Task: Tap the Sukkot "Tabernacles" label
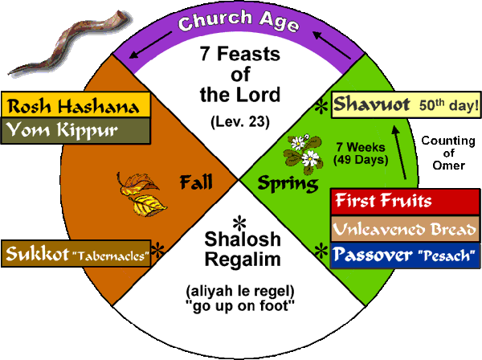[78, 254]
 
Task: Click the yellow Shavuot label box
[406, 104]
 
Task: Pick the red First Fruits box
[406, 199]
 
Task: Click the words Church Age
[239, 22]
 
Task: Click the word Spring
[280, 185]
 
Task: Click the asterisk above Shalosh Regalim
[238, 222]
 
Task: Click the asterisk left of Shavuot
[321, 107]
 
